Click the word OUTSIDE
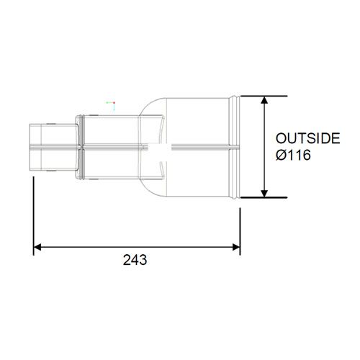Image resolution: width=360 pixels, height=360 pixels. (308, 139)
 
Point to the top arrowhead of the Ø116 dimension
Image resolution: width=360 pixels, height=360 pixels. (266, 101)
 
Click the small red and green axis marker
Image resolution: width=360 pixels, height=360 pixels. (110, 104)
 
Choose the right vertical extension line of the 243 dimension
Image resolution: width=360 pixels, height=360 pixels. (240, 223)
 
